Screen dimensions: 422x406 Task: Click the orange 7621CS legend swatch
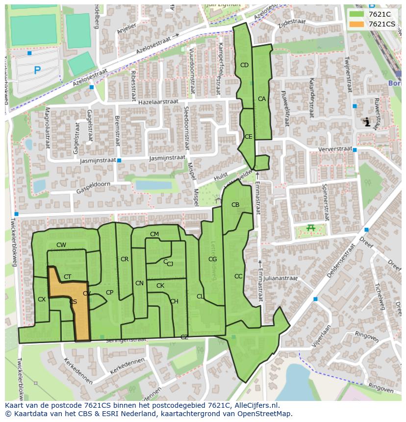click(x=357, y=24)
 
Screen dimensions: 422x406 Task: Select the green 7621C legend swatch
click(x=357, y=14)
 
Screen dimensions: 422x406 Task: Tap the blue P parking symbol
click(x=37, y=71)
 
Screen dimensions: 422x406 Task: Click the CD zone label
click(x=244, y=65)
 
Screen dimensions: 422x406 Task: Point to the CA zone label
click(x=262, y=99)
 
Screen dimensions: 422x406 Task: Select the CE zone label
click(x=248, y=137)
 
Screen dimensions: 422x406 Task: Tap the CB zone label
click(x=235, y=205)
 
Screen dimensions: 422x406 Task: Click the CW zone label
click(x=61, y=245)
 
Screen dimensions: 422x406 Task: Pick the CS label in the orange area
click(x=73, y=302)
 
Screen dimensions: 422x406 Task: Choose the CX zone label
click(x=42, y=299)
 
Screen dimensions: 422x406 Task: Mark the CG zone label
click(x=212, y=259)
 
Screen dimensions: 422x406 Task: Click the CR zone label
click(x=125, y=259)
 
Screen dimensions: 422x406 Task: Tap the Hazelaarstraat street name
click(x=158, y=101)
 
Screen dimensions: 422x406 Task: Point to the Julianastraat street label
click(x=280, y=278)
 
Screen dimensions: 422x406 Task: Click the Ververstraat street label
click(x=335, y=149)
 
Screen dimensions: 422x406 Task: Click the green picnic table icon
click(x=310, y=227)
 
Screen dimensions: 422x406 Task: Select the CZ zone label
click(x=184, y=337)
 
